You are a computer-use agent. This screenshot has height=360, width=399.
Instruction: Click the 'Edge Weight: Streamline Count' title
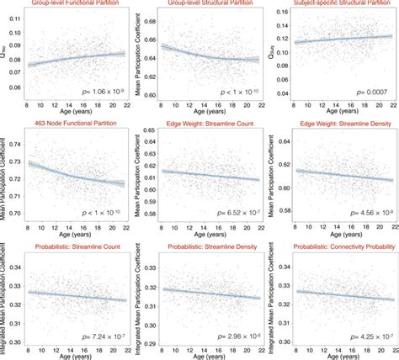(210, 124)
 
